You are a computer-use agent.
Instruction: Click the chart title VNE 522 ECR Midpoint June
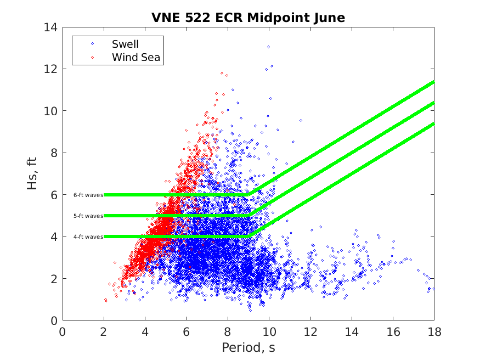tap(248, 18)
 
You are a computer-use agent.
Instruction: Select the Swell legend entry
tap(125, 44)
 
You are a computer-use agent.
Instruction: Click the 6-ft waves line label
tap(88, 195)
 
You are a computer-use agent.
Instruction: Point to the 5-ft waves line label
tap(88, 216)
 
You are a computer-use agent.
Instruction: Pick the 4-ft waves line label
tap(88, 237)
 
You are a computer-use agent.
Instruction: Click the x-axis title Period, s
tap(248, 347)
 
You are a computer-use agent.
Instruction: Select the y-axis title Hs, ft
tap(33, 173)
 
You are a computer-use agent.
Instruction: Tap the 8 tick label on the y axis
tap(53, 153)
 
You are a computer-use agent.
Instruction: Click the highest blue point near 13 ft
tap(268, 47)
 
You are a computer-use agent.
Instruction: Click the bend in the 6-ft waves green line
tap(249, 194)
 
